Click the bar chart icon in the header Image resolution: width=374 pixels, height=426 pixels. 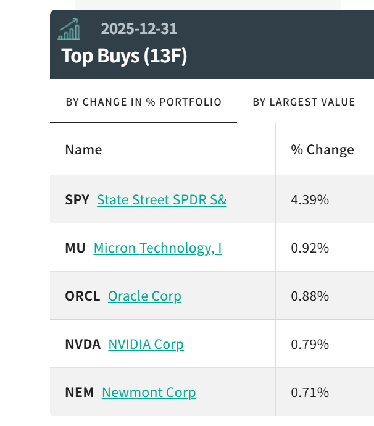[x=69, y=29]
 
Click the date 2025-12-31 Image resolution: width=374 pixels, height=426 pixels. [x=139, y=29]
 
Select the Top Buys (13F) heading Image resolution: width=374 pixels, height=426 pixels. [x=124, y=56]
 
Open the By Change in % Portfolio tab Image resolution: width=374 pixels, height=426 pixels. [x=143, y=102]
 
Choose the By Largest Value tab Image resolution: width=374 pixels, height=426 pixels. [x=304, y=102]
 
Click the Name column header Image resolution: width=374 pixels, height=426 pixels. [x=83, y=149]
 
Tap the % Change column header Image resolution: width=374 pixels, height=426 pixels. [x=322, y=149]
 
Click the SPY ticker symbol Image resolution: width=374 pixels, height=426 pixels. [x=77, y=200]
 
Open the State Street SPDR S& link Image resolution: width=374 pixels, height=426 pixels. [x=162, y=200]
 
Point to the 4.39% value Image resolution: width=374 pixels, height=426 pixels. [x=310, y=200]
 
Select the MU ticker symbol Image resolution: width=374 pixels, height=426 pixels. [x=75, y=248]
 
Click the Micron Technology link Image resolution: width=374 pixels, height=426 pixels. [x=157, y=248]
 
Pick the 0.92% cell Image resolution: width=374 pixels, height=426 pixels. [x=310, y=248]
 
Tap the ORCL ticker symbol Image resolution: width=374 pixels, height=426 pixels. [x=82, y=296]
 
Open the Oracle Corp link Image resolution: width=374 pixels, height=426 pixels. [x=144, y=296]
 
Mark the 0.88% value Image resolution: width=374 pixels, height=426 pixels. [x=310, y=296]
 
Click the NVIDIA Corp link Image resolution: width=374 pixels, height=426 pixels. [x=146, y=345]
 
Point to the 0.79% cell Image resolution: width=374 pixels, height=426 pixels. [x=310, y=345]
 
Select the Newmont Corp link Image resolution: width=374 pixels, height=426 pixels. [x=149, y=393]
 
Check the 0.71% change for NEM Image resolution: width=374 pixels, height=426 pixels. [x=310, y=393]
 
